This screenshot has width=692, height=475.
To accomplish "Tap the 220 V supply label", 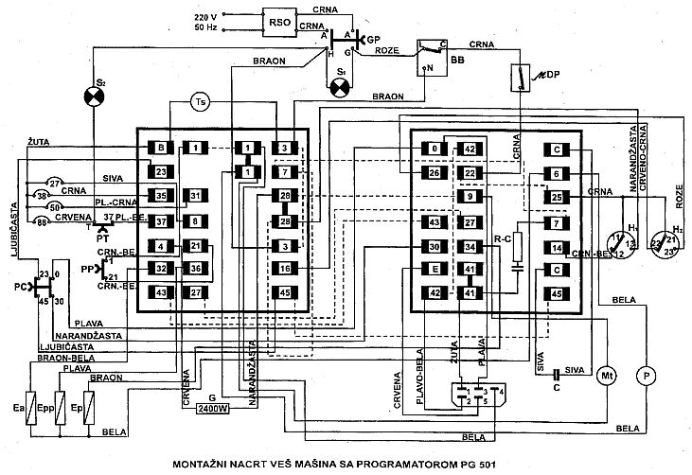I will [x=206, y=17].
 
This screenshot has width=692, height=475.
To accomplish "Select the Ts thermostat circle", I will [x=199, y=101].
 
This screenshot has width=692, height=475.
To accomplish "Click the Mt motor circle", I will [x=606, y=376].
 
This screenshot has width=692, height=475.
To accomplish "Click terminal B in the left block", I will [x=161, y=148].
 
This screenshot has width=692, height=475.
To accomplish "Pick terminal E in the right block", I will [x=435, y=270].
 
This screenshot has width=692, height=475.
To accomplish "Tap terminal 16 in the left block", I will [x=283, y=270].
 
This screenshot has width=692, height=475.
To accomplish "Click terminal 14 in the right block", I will [x=558, y=248].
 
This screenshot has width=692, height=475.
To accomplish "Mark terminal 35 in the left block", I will [x=161, y=196].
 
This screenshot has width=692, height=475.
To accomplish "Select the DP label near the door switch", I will [x=542, y=75].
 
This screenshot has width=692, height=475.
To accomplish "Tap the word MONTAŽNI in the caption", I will [x=204, y=465].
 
